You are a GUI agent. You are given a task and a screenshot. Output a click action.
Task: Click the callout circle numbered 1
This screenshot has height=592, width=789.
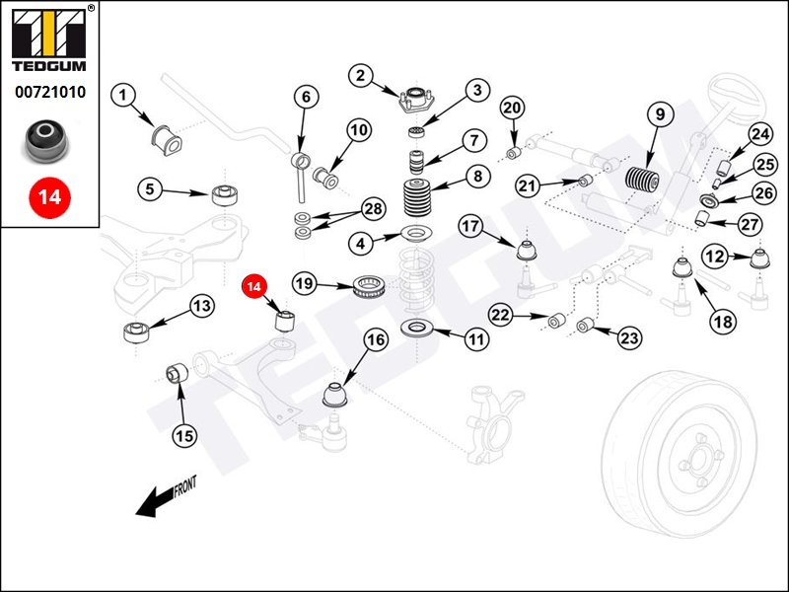pyautogui.click(x=122, y=96)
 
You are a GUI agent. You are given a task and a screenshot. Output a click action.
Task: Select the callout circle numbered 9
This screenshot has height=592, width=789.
pyautogui.click(x=658, y=113)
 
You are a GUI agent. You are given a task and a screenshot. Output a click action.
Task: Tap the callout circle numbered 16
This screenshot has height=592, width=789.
pyautogui.click(x=376, y=341)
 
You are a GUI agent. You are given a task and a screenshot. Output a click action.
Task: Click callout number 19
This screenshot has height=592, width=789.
pyautogui.click(x=305, y=284)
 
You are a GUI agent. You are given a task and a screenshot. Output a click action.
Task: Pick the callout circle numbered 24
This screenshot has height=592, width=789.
pyautogui.click(x=759, y=134)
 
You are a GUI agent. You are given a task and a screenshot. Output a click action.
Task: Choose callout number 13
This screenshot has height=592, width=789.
pyautogui.click(x=201, y=307)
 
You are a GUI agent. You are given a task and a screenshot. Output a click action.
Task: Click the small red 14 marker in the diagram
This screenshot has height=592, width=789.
pyautogui.click(x=254, y=287)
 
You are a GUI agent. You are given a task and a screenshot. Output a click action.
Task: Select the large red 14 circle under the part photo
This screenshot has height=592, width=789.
pyautogui.click(x=49, y=196)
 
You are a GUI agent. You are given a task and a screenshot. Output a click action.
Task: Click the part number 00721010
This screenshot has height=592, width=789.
pyautogui.click(x=49, y=93)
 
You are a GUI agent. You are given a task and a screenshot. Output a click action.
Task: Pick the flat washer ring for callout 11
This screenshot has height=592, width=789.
pyautogui.click(x=420, y=328)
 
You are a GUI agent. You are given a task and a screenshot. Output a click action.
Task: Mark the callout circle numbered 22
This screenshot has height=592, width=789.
pyautogui.click(x=501, y=316)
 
